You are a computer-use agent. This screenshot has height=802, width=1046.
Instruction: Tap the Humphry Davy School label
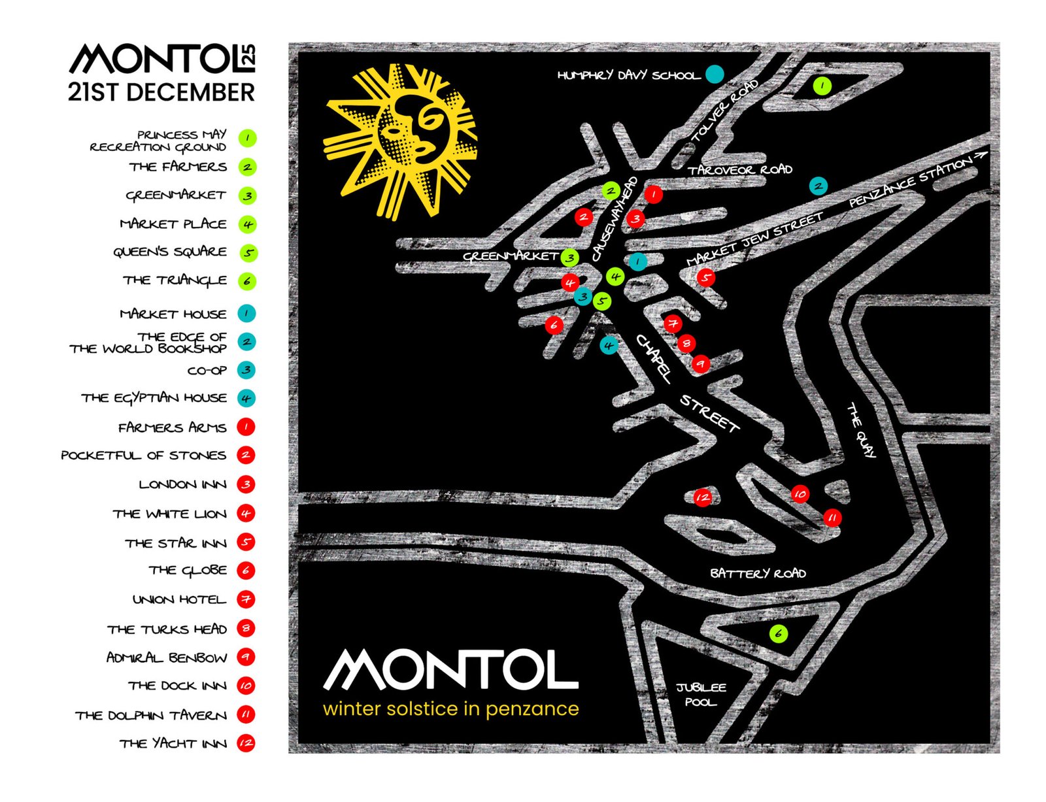pyautogui.click(x=628, y=75)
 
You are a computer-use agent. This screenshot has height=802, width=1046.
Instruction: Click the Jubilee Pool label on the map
pyautogui.click(x=701, y=694)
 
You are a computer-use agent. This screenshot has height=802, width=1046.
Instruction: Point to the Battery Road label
pyautogui.click(x=758, y=573)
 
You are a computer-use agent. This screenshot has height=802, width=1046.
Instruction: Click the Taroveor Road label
pyautogui.click(x=739, y=170)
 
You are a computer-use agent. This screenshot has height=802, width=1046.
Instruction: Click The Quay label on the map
pyautogui.click(x=861, y=429)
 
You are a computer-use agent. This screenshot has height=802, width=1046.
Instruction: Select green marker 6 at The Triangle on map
pyautogui.click(x=778, y=633)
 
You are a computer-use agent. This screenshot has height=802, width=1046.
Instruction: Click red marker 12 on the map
pyautogui.click(x=702, y=497)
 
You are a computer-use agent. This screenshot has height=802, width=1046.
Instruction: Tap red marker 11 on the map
pyautogui.click(x=832, y=518)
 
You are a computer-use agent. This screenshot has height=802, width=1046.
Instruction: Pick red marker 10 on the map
pyautogui.click(x=800, y=494)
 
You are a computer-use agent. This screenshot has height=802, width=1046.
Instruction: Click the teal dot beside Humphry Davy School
pyautogui.click(x=715, y=74)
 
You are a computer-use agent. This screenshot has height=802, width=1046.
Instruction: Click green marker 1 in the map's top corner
pyautogui.click(x=822, y=85)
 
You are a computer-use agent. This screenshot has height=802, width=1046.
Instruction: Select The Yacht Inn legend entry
pyautogui.click(x=173, y=743)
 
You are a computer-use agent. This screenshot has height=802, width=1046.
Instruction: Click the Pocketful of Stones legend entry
pyautogui.click(x=144, y=455)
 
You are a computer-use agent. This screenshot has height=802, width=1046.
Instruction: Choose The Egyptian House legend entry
pyautogui.click(x=154, y=398)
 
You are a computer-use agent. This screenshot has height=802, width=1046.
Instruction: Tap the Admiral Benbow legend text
pyautogui.click(x=167, y=657)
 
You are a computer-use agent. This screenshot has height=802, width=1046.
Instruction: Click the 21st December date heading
pyautogui.click(x=161, y=92)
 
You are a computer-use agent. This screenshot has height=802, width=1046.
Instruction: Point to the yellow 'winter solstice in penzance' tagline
pyautogui.click(x=450, y=709)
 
